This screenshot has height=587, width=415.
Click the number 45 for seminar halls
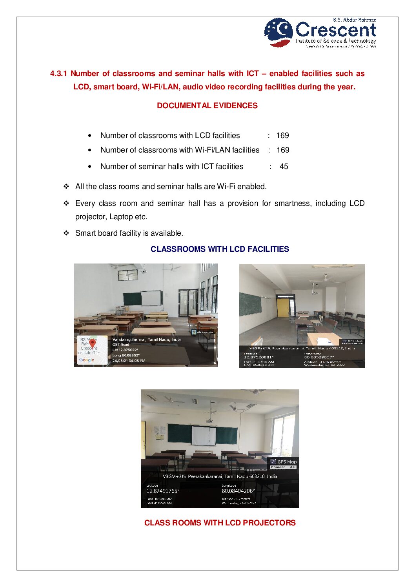coord(284,167)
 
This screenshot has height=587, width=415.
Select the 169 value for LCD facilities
coord(282,136)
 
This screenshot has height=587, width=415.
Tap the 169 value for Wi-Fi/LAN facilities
coord(283,150)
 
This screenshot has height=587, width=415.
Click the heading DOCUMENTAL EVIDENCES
coord(207,105)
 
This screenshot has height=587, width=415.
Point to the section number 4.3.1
coord(58,74)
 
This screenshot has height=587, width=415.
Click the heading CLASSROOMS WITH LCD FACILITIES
coord(220,249)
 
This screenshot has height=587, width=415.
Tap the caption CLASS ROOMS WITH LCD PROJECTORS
coord(220,523)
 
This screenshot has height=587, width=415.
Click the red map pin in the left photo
coord(92,343)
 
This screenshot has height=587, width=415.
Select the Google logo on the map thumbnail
coord(86,360)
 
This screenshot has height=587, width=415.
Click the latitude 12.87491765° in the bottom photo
coord(163,491)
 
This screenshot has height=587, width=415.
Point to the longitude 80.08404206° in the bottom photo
coord(238,491)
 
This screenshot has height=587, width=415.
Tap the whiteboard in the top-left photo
coord(151,298)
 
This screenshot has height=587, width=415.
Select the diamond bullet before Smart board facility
coord(66,233)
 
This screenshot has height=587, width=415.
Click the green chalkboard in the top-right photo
coord(250,304)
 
